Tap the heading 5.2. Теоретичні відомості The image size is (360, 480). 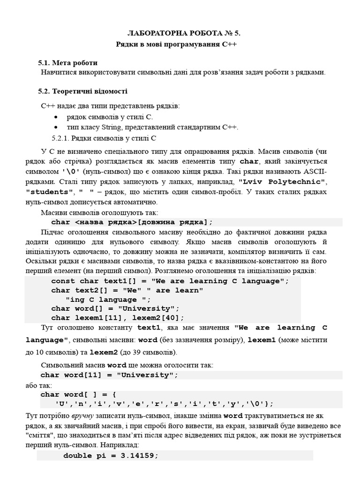click(82, 91)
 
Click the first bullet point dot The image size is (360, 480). click(57, 117)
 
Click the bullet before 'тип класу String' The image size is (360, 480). click(57, 127)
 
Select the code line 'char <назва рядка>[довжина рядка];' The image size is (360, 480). click(132, 222)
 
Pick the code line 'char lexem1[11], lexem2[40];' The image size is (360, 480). click(118, 317)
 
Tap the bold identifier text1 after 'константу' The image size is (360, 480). click(149, 328)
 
